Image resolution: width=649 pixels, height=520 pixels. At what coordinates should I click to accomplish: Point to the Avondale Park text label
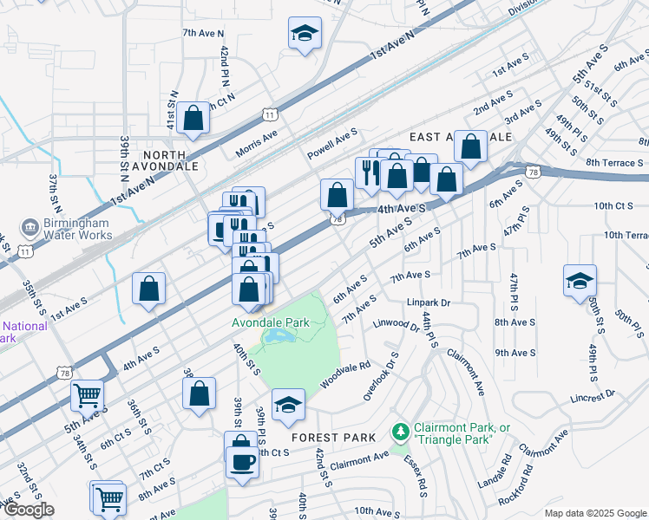click(270, 322)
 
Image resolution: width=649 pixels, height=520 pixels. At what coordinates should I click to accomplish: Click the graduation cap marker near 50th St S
click(580, 283)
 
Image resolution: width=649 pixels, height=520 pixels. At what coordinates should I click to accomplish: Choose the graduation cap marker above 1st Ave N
click(305, 35)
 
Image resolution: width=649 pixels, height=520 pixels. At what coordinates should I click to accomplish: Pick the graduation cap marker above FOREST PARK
click(288, 406)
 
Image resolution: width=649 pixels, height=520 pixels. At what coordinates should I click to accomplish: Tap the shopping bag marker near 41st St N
click(194, 119)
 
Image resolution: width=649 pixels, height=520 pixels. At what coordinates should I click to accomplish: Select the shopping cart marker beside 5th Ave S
click(88, 396)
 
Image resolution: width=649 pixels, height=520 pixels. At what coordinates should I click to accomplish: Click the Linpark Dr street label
click(429, 303)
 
